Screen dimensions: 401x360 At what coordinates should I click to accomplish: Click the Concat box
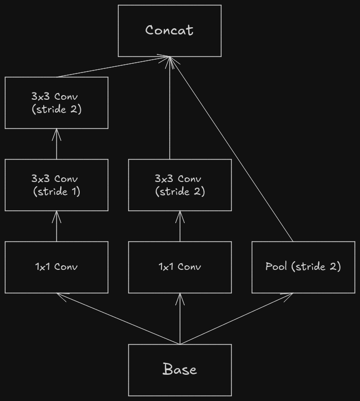170,31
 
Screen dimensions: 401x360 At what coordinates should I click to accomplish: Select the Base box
180,370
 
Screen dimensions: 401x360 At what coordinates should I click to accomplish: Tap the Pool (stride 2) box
303,267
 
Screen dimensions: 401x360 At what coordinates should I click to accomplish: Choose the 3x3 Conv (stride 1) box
57,185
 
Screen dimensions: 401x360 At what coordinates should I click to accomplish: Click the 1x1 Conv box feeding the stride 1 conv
57,267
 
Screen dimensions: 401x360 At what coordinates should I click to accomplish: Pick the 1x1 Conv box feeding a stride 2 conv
180,267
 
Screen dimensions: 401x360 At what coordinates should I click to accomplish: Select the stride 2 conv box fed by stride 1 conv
57,103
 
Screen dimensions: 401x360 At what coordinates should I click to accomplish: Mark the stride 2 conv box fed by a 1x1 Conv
180,185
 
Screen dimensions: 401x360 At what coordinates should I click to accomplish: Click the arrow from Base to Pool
237,319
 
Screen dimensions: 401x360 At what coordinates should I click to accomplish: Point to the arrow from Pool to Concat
231,149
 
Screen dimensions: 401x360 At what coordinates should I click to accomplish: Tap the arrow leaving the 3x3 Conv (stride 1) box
57,144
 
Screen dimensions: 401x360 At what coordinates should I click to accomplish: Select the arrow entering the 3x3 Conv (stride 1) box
57,226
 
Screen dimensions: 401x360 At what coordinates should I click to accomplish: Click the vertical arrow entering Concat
170,108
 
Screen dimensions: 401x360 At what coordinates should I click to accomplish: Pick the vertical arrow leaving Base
180,319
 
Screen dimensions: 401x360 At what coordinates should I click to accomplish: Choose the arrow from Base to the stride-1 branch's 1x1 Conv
118,319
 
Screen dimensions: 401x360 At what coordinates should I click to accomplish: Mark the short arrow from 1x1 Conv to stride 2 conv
180,226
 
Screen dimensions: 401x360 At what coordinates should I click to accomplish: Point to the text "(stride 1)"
57,192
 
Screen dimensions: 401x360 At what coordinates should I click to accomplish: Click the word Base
180,370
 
